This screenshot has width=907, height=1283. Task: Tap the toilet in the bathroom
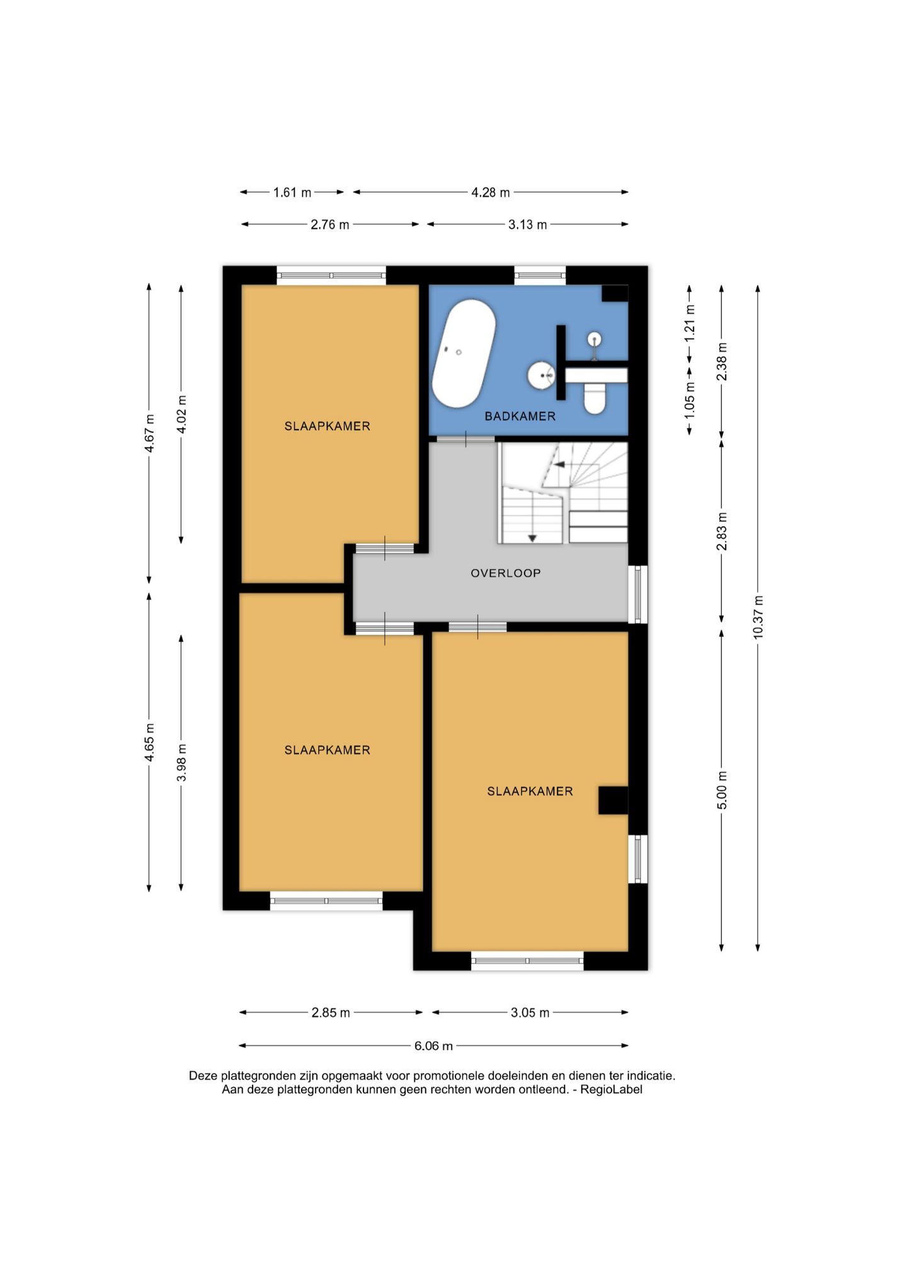595,399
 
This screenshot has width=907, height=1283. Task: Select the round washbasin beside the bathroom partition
541,376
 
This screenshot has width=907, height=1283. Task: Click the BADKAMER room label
520,416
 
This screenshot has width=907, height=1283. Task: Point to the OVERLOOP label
506,573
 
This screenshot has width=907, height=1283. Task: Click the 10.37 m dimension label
758,617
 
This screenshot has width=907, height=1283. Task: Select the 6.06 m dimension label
433,1046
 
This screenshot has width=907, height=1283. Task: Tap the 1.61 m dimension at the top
292,192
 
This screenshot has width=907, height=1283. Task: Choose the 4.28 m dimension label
491,192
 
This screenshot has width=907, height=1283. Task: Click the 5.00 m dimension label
722,790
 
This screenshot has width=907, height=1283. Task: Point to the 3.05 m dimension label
530,1013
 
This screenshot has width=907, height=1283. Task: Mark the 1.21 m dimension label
690,322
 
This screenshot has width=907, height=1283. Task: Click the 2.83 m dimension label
722,531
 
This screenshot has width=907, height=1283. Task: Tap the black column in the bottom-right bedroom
613,800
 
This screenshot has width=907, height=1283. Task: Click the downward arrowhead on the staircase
532,538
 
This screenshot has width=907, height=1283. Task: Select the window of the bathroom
540,275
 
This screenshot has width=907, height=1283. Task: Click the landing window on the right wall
637,594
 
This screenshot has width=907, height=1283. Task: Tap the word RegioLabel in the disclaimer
611,1090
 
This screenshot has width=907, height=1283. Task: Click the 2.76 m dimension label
329,224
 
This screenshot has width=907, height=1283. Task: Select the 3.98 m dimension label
181,762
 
